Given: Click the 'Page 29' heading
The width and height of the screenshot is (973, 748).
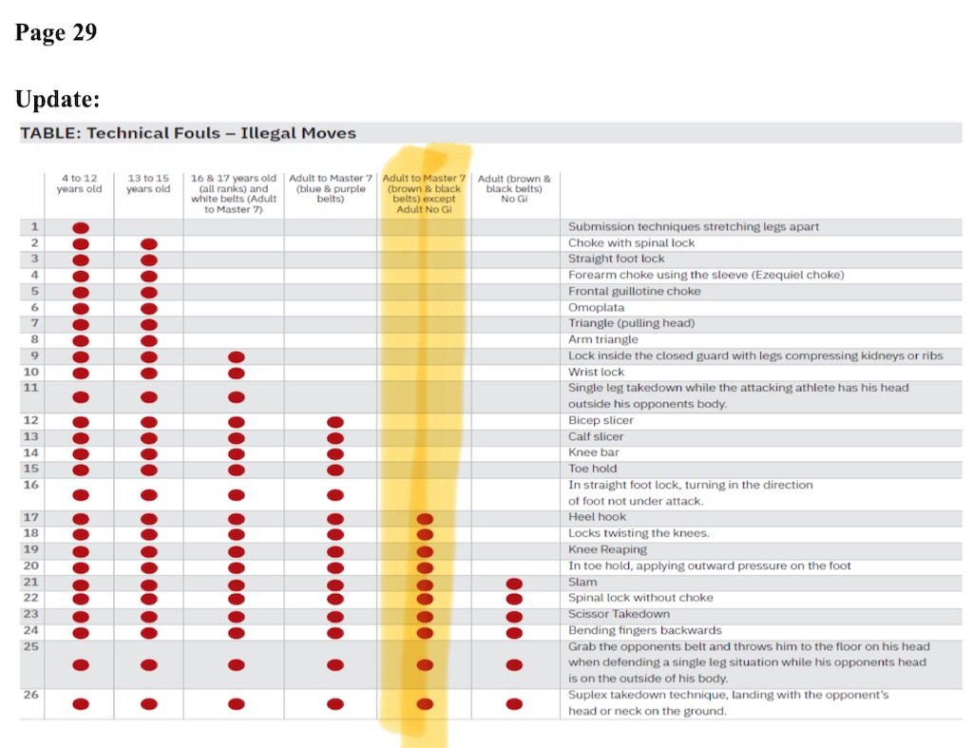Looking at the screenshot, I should click(x=56, y=33).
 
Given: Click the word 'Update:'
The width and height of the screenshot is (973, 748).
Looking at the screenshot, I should click(x=58, y=100).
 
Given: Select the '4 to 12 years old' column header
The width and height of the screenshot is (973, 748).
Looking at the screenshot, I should click(x=79, y=183).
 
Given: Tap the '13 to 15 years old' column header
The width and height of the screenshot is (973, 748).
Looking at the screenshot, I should click(x=148, y=183).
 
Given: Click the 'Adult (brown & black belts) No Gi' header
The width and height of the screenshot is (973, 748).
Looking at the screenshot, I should click(x=514, y=189).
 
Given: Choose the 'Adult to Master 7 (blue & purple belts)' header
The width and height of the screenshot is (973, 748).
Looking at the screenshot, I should click(x=330, y=189).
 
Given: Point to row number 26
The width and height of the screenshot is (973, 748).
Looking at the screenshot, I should click(x=30, y=695).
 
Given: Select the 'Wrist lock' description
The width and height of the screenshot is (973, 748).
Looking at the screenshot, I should click(x=597, y=372).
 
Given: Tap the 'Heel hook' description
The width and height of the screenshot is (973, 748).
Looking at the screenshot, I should click(x=597, y=517).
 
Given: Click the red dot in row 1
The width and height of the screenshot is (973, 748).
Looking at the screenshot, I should click(x=81, y=228).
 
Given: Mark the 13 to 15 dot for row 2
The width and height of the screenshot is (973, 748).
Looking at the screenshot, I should click(x=149, y=244).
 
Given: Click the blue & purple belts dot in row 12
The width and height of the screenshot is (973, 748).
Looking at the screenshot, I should click(x=334, y=422).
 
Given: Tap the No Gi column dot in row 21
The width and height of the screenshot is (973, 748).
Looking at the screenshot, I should click(x=514, y=584).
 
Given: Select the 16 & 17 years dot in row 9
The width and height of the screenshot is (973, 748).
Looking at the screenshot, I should click(x=237, y=357).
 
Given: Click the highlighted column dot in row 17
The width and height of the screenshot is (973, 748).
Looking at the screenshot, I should click(x=425, y=519).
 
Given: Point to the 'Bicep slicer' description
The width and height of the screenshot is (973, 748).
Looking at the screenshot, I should click(x=601, y=420).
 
